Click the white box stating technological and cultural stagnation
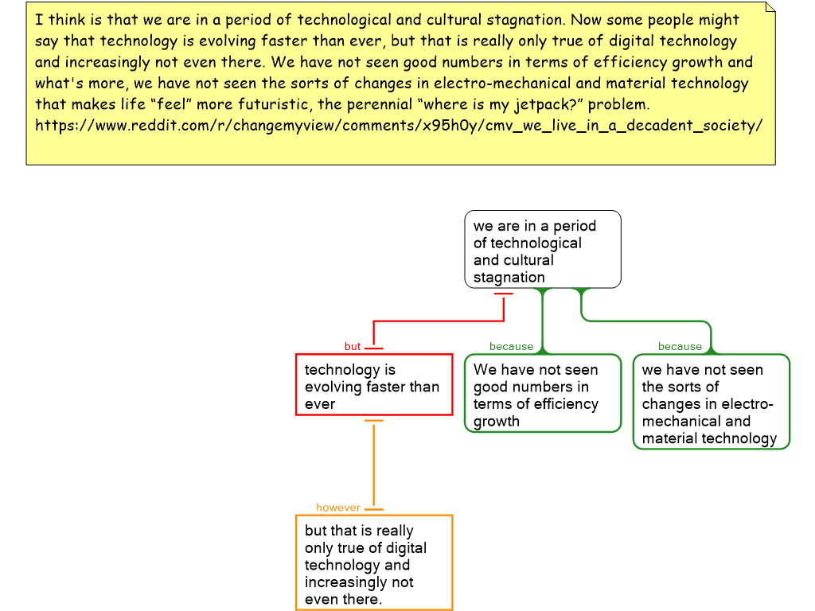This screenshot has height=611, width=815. pyautogui.click(x=542, y=249)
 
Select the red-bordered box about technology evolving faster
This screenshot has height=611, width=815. pyautogui.click(x=374, y=386)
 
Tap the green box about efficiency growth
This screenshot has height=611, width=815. pyautogui.click(x=542, y=394)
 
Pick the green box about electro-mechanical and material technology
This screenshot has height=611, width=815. pyautogui.click(x=711, y=403)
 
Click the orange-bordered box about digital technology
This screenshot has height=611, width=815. pyautogui.click(x=374, y=563)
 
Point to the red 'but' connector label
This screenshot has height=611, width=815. pyautogui.click(x=353, y=347)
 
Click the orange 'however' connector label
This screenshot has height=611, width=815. pyautogui.click(x=338, y=508)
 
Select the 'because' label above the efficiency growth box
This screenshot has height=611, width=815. pyautogui.click(x=511, y=347)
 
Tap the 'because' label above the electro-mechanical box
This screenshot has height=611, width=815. pyautogui.click(x=680, y=347)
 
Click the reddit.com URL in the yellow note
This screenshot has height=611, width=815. pyautogui.click(x=399, y=126)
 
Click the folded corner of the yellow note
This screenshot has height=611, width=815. pyautogui.click(x=770, y=7)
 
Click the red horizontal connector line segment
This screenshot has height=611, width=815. pyautogui.click(x=438, y=321)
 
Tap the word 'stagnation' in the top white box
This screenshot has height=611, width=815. pyautogui.click(x=509, y=278)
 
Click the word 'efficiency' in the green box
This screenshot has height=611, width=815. pyautogui.click(x=564, y=404)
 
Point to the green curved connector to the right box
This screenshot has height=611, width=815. pyautogui.click(x=645, y=321)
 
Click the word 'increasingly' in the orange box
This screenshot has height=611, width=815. pyautogui.click(x=349, y=582)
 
